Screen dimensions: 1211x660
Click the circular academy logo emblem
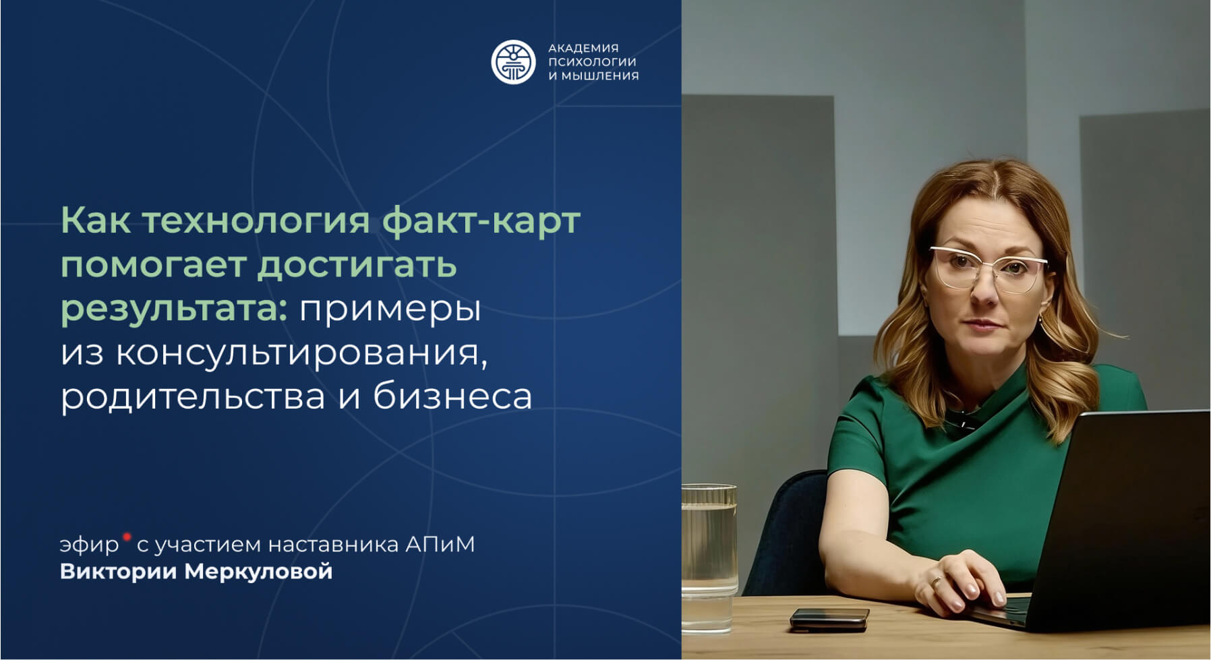pyautogui.click(x=512, y=62)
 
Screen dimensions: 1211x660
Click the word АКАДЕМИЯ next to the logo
pyautogui.click(x=583, y=48)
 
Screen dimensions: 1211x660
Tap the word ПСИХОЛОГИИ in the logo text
pyautogui.click(x=592, y=62)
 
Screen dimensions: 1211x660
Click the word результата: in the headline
pyautogui.click(x=175, y=309)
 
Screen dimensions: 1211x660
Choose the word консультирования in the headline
pyautogui.click(x=301, y=353)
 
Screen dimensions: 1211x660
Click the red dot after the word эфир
pyautogui.click(x=126, y=537)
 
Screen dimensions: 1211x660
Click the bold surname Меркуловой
pyautogui.click(x=259, y=572)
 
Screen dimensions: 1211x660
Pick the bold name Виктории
pyautogui.click(x=119, y=572)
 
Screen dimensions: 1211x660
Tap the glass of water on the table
pyautogui.click(x=709, y=558)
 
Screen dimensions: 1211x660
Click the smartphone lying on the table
pyautogui.click(x=829, y=619)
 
